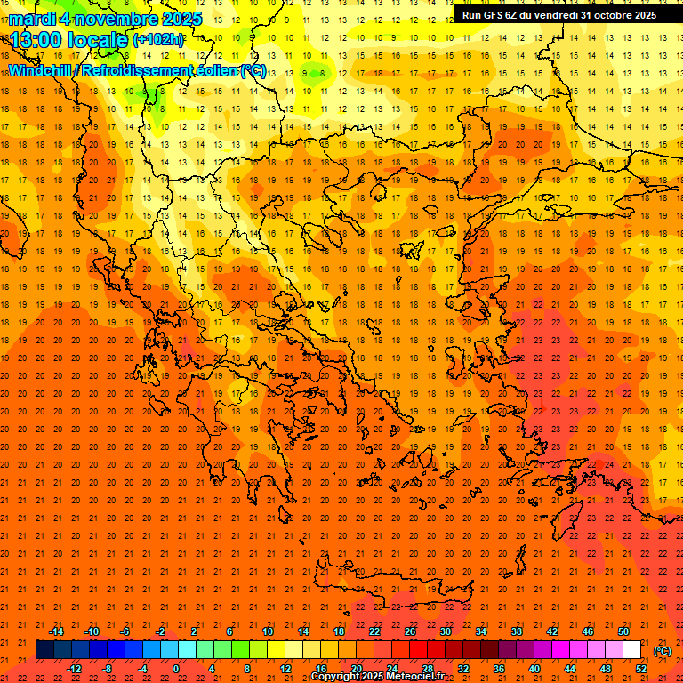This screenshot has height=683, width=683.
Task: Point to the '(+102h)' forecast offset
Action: point(157,39)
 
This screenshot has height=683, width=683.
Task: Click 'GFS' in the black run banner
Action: point(499,15)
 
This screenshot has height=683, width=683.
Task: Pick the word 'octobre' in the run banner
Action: point(614,15)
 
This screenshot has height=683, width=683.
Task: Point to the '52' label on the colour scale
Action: point(641,669)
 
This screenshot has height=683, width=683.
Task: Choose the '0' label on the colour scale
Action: point(176,669)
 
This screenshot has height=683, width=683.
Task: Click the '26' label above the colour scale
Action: point(409,631)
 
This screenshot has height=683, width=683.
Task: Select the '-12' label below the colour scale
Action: point(74,669)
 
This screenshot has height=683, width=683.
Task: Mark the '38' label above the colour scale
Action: point(516,631)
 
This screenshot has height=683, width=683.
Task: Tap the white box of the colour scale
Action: point(631,650)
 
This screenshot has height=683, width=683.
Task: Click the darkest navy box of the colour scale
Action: point(44,650)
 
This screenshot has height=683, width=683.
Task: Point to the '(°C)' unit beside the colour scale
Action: point(662,651)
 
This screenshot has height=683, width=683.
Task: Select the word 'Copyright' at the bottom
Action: point(336,677)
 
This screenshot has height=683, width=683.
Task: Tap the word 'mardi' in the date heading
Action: point(30,19)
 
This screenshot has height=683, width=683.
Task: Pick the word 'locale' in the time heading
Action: point(97,40)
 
